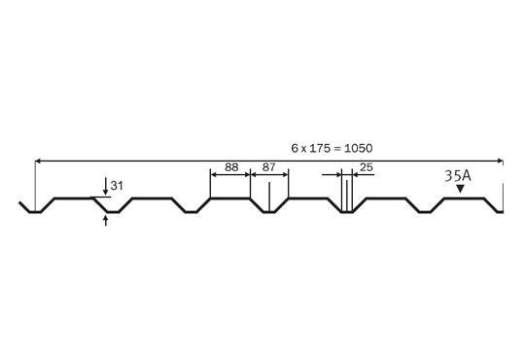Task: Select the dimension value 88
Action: pyautogui.click(x=230, y=167)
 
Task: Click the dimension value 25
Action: pyautogui.click(x=367, y=167)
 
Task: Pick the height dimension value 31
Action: pyautogui.click(x=118, y=185)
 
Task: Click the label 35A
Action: pyautogui.click(x=458, y=176)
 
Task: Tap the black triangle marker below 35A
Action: pyautogui.click(x=460, y=191)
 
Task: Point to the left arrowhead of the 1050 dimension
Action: pyautogui.click(x=39, y=158)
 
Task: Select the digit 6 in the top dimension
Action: pyautogui.click(x=294, y=148)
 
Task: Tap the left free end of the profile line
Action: pyautogui.click(x=20, y=202)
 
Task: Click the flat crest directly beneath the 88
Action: pyautogui.click(x=230, y=198)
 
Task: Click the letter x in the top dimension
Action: pyautogui.click(x=303, y=148)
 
